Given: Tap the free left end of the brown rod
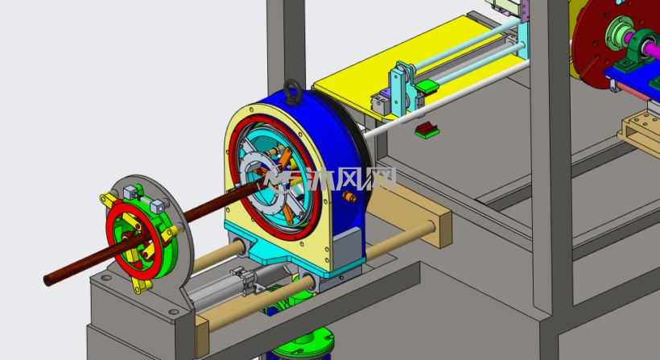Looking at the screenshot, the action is pos(49,279).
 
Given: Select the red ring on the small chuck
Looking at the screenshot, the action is pos(134,242).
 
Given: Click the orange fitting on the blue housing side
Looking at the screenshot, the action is pos(349,197).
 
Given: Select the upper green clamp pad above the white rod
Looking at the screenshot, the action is pos(427,87).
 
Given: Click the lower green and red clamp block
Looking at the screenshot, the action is pos(427,130).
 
